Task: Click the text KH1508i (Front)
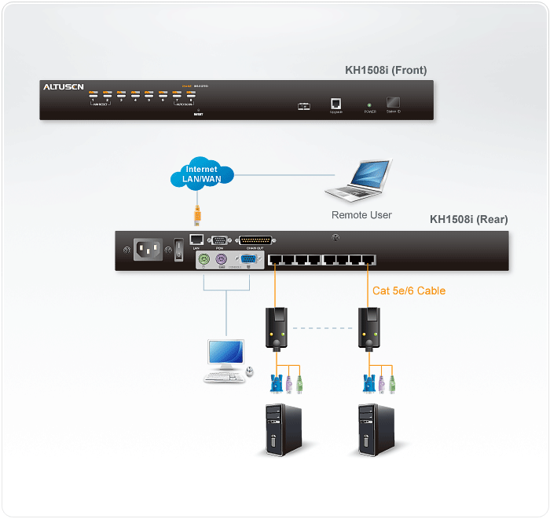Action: (386, 70)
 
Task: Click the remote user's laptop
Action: (360, 183)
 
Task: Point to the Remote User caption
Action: (361, 214)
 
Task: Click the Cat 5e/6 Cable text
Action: (409, 291)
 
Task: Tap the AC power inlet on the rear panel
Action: (148, 250)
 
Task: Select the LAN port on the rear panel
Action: (197, 240)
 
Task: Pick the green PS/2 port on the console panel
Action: (204, 261)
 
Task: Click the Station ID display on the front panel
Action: (393, 102)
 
